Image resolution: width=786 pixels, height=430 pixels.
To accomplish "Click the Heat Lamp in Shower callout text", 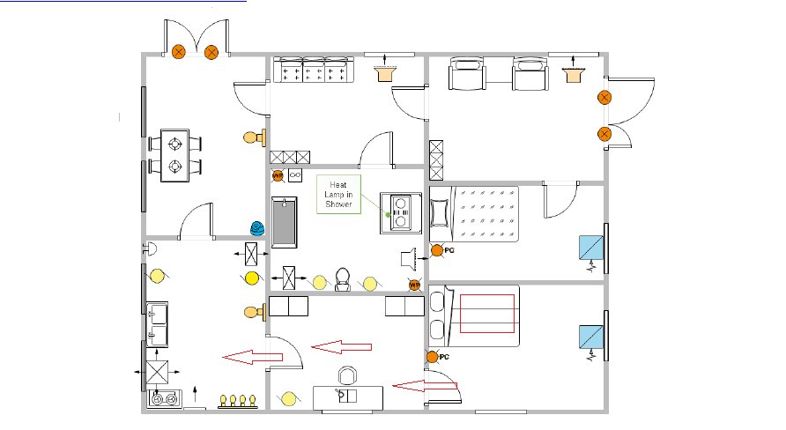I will click(337, 194).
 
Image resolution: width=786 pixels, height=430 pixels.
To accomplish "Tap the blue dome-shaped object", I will click(256, 227).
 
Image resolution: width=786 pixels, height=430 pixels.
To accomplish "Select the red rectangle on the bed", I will click(487, 313).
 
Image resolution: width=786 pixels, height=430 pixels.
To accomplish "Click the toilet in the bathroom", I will click(344, 278).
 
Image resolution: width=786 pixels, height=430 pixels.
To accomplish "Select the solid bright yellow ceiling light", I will click(252, 278).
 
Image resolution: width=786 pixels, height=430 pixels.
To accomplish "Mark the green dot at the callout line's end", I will click(387, 214).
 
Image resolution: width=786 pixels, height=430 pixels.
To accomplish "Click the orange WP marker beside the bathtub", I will click(278, 175).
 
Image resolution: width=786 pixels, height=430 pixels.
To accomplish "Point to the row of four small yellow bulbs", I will click(238, 401).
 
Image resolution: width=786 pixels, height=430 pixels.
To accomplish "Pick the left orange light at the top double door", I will click(179, 52).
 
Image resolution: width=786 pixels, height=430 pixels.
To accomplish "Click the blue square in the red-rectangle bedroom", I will click(589, 337).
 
